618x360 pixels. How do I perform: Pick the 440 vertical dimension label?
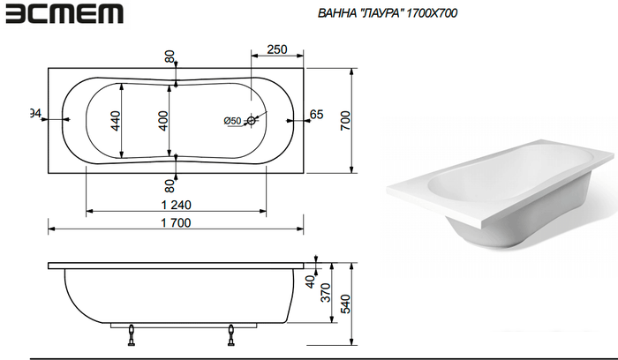point(116,121)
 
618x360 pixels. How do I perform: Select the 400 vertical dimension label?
point(163,121)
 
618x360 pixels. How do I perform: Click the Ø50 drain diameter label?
point(232,120)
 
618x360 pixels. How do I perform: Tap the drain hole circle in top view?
point(252,120)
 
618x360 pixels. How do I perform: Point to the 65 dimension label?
point(317,115)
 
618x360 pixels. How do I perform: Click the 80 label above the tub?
point(170,56)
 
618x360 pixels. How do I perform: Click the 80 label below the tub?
point(170,185)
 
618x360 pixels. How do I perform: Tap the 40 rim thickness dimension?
point(310,283)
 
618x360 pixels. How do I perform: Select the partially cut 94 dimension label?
point(35,113)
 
